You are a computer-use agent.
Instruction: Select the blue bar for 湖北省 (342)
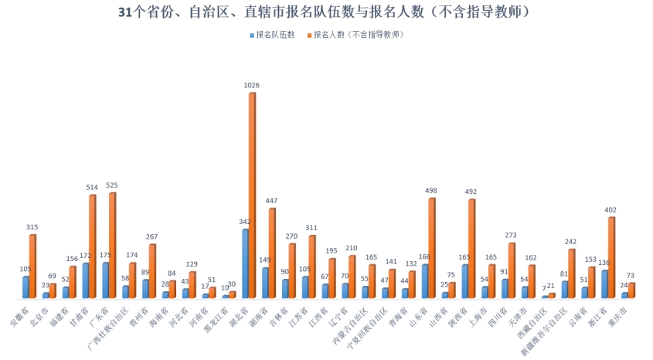pyautogui.click(x=245, y=263)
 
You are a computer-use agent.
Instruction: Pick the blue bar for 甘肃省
pyautogui.click(x=86, y=280)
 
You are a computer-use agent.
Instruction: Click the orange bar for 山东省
pyautogui.click(x=432, y=248)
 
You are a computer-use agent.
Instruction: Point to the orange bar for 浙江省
pyautogui.click(x=611, y=257)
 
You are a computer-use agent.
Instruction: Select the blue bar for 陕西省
pyautogui.click(x=464, y=281)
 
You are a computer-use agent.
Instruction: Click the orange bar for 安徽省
pyautogui.click(x=33, y=267)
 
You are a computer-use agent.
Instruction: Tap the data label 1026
pyautogui.click(x=252, y=84)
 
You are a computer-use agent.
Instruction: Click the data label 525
pyautogui.click(x=113, y=185)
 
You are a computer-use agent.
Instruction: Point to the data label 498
pyautogui.click(x=432, y=190)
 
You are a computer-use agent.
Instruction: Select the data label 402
pyautogui.click(x=611, y=209)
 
